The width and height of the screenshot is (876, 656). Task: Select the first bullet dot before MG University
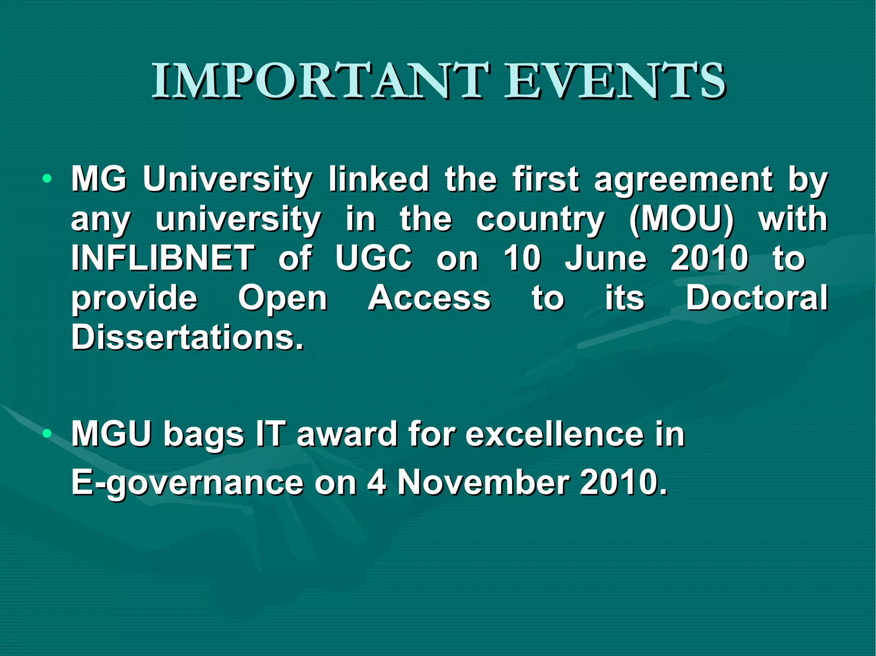47,179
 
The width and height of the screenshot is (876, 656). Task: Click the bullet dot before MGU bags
47,434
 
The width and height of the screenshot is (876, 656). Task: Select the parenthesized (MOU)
681,219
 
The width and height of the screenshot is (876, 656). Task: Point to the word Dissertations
187,337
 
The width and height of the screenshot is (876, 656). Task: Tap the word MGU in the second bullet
112,434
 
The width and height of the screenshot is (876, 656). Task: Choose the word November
483,482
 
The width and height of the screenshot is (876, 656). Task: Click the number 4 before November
377,482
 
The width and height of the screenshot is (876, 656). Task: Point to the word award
347,434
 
